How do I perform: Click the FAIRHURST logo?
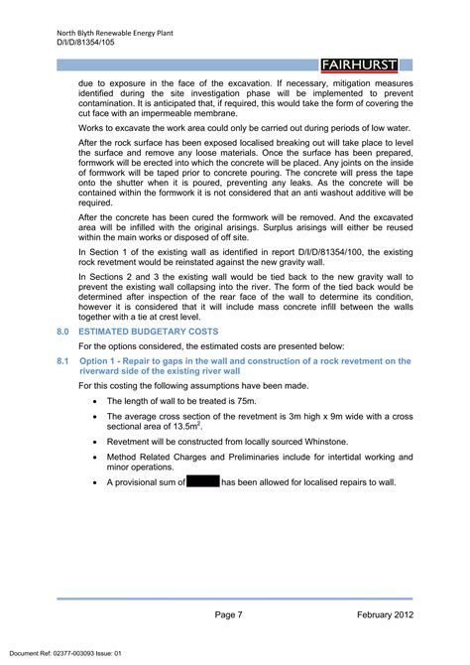coord(359,66)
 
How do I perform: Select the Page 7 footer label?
coord(228,616)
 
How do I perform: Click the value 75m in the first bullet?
coord(257,401)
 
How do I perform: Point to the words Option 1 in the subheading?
coord(98,361)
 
